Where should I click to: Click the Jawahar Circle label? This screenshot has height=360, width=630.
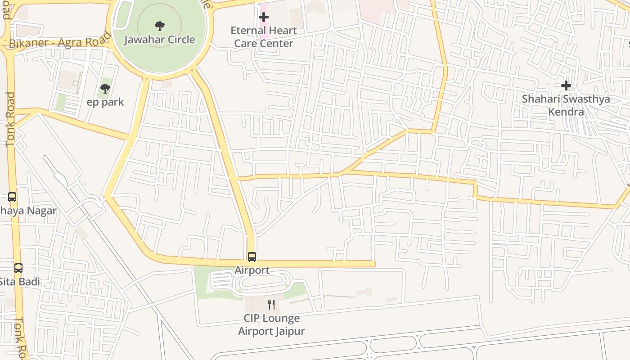click(x=160, y=40)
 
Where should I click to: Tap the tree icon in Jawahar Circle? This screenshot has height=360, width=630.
click(x=159, y=26)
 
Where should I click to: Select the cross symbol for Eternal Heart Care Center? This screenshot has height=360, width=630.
click(x=264, y=17)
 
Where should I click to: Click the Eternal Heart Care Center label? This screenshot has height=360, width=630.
click(x=264, y=37)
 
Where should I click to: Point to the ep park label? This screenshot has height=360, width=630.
click(x=105, y=102)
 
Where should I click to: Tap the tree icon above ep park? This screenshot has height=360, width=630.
click(x=105, y=89)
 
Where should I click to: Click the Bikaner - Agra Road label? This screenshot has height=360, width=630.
click(x=60, y=40)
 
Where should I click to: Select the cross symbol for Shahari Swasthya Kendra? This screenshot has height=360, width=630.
click(x=566, y=85)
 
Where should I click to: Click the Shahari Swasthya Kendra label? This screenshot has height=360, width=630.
click(x=566, y=105)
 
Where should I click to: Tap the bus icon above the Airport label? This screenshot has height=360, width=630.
click(x=252, y=257)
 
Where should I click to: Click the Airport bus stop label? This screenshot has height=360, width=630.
click(x=252, y=270)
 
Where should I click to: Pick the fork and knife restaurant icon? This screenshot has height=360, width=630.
click(x=271, y=305)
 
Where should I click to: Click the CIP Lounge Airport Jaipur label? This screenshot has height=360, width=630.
click(x=271, y=324)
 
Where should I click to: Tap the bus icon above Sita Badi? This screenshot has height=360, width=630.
click(x=18, y=268)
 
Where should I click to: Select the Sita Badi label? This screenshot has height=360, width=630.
click(x=20, y=282)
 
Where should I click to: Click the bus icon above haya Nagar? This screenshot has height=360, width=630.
click(x=12, y=197)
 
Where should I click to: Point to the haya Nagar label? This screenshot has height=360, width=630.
click(x=28, y=211)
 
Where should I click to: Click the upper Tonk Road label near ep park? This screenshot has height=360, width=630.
click(x=10, y=119)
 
